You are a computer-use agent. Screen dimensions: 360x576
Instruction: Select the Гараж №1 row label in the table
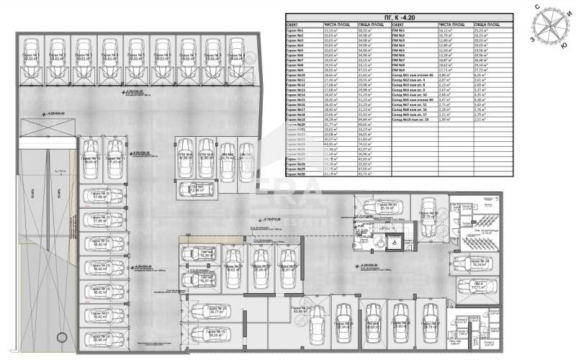297,30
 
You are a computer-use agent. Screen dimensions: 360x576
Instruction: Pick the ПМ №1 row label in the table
402,30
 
